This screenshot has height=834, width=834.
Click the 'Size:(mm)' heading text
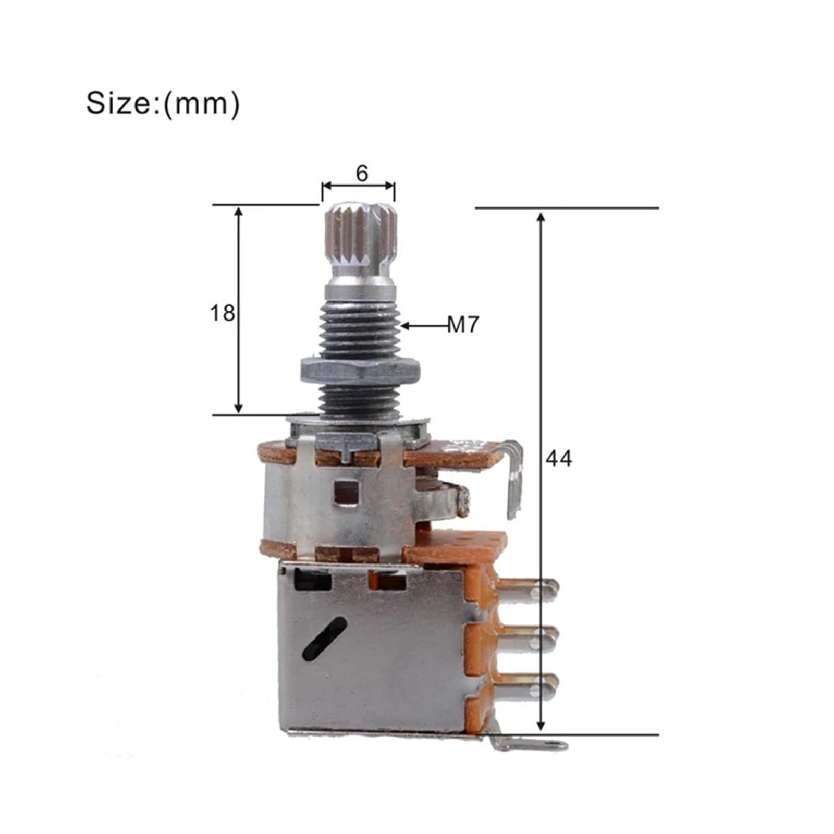click(163, 103)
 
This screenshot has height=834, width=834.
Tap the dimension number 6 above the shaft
click(362, 173)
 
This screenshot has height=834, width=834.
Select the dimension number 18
click(222, 313)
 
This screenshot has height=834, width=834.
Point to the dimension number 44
click(558, 458)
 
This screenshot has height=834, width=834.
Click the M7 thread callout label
click(463, 326)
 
